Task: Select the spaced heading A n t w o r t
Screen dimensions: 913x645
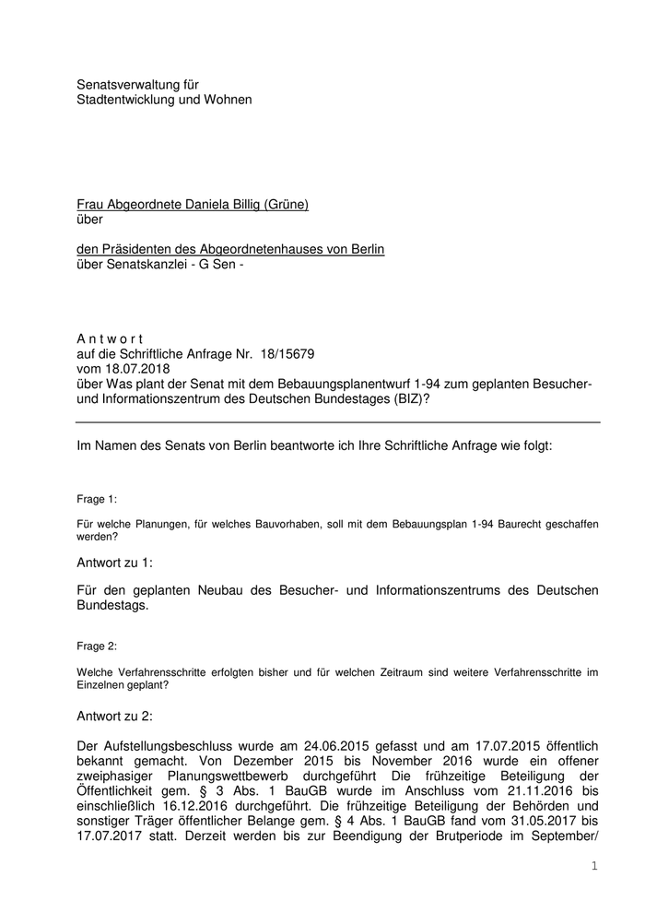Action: [x=109, y=339]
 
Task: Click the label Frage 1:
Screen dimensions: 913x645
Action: [x=97, y=499]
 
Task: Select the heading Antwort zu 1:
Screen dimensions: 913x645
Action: [x=114, y=561]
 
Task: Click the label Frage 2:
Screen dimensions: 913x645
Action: [x=97, y=646]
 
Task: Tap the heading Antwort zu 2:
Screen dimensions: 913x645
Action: [x=114, y=716]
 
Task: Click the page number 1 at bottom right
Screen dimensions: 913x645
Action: [x=594, y=866]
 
